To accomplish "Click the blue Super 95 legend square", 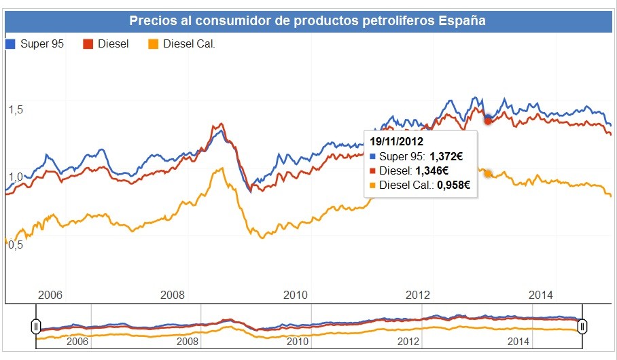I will (10, 44).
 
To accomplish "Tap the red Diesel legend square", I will (87, 44).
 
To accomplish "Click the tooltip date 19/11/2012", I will (397, 142).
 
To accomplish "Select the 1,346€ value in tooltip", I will (431, 170).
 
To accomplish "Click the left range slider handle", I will (36, 327).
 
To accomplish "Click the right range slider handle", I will (582, 327).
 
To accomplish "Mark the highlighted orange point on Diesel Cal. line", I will (488, 174).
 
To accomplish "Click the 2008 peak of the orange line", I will (218, 168).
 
